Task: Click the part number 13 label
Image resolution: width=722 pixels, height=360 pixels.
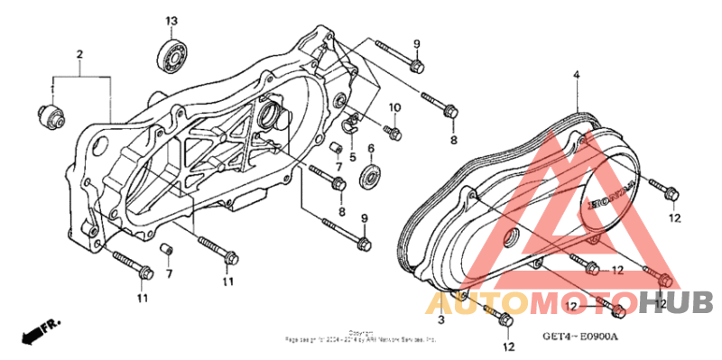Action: [x=171, y=21]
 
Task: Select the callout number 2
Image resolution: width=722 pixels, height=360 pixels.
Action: [x=79, y=55]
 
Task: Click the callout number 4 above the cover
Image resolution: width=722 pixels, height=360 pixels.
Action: [x=575, y=77]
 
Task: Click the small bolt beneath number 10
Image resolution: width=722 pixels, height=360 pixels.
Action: [x=393, y=132]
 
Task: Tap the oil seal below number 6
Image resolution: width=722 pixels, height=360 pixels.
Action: [x=371, y=177]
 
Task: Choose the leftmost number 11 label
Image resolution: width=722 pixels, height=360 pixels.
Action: [x=143, y=299]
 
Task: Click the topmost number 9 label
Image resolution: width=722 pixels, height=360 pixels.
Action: [x=417, y=44]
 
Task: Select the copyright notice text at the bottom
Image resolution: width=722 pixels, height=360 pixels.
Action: [x=361, y=337]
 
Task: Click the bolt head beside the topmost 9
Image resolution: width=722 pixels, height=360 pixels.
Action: [x=416, y=66]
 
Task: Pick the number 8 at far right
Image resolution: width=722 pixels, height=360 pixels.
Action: [x=454, y=141]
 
